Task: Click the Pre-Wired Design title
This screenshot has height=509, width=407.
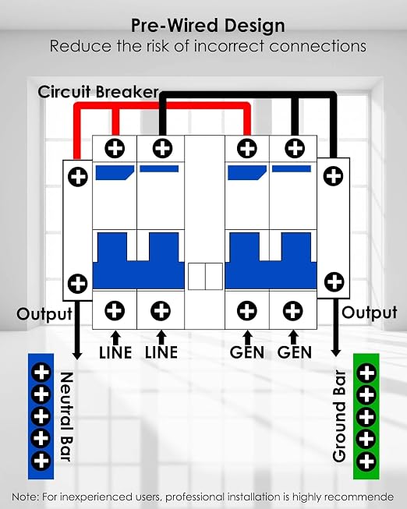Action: [x=208, y=26]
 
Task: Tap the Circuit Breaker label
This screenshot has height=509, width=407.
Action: [x=98, y=92]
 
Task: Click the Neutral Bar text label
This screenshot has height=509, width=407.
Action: [x=66, y=416]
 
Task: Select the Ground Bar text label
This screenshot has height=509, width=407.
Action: [x=340, y=415]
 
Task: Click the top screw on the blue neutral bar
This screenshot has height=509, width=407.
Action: [x=41, y=373]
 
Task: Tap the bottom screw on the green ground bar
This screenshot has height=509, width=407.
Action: [x=366, y=461]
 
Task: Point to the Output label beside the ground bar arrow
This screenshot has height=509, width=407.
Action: [x=370, y=313]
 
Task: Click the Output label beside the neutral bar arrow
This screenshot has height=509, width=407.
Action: [x=44, y=314]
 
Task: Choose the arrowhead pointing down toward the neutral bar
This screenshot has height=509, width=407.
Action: [x=76, y=355]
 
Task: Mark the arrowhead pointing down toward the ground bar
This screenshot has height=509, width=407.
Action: [x=335, y=352]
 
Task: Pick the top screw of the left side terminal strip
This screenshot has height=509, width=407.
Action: [x=78, y=177]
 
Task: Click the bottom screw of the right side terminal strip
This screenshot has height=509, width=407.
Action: [x=334, y=281]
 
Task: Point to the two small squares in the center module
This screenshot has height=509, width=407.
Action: [x=205, y=276]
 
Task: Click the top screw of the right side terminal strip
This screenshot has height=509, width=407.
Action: [x=333, y=176]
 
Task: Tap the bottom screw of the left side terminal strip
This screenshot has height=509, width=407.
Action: [x=77, y=284]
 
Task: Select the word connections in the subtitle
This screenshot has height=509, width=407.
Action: [x=317, y=46]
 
